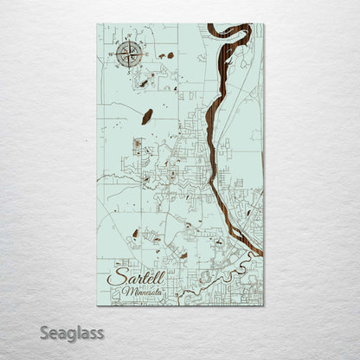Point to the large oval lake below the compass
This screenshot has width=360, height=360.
[x=147, y=115]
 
